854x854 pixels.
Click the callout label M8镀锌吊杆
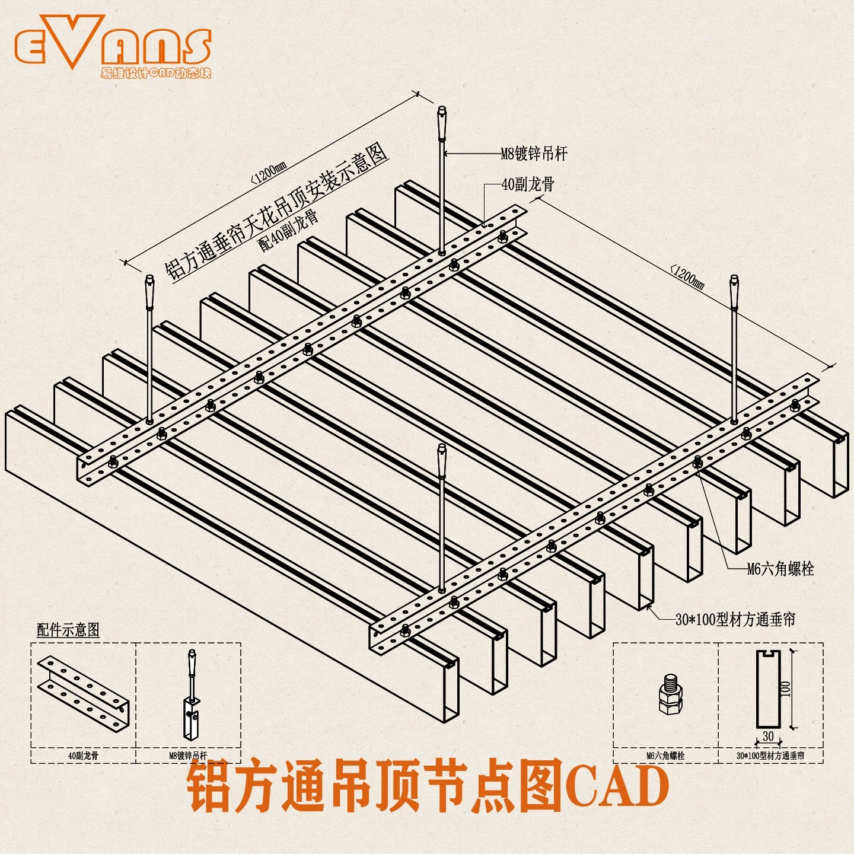[534, 154]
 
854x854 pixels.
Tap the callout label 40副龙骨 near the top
[528, 184]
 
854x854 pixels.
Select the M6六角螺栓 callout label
[780, 569]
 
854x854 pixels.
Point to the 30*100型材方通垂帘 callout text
[735, 620]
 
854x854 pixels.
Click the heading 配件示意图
[68, 630]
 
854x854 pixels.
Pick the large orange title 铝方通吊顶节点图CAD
[428, 788]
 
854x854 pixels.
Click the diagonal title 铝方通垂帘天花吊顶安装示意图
[276, 212]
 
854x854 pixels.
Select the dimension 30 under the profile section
[768, 736]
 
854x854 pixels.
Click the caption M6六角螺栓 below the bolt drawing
[665, 756]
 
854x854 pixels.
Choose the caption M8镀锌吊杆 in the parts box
[188, 756]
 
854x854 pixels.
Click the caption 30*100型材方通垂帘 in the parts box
[770, 756]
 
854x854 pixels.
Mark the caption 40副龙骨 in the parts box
[83, 756]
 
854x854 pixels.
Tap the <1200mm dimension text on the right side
[688, 277]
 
